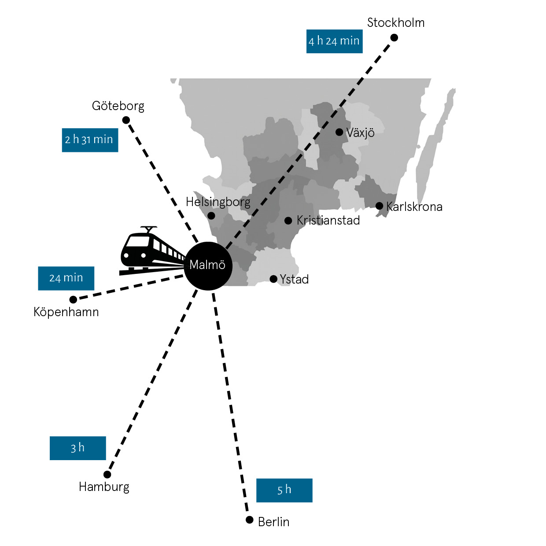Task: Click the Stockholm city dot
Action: [x=394, y=37]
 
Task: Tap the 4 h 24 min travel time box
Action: [x=334, y=41]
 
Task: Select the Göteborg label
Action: [x=118, y=106]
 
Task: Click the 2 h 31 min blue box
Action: [x=90, y=140]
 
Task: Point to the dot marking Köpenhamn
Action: [x=73, y=300]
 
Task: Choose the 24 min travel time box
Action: [x=66, y=278]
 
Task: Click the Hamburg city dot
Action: [x=107, y=474]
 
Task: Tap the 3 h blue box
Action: [x=77, y=448]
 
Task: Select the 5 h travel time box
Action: [x=284, y=490]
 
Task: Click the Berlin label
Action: [x=273, y=522]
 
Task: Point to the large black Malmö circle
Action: [x=208, y=266]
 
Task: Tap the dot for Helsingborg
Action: [x=211, y=216]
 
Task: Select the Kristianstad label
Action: [x=328, y=220]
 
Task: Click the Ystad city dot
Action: [x=273, y=279]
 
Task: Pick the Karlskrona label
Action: [x=414, y=207]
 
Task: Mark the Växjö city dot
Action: [x=339, y=132]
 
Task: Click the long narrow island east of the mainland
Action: [x=434, y=145]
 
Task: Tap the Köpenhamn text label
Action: [x=66, y=312]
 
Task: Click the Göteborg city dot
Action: [x=126, y=120]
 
